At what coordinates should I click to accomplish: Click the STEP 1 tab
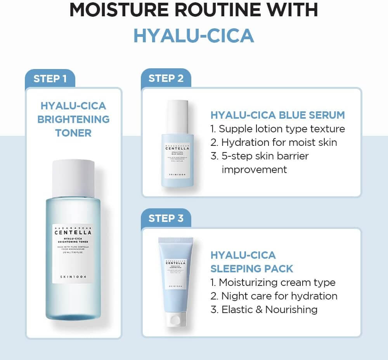point(50,79)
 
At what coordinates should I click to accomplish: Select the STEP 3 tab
point(166,218)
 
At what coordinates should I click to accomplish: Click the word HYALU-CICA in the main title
point(194,36)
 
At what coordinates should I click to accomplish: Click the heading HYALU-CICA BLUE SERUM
point(277,115)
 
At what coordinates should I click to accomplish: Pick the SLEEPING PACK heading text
point(252,268)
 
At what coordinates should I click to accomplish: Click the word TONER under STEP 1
point(73,133)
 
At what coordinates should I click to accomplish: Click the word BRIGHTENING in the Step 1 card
point(73,119)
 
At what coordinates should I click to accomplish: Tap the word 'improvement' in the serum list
point(254,170)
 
